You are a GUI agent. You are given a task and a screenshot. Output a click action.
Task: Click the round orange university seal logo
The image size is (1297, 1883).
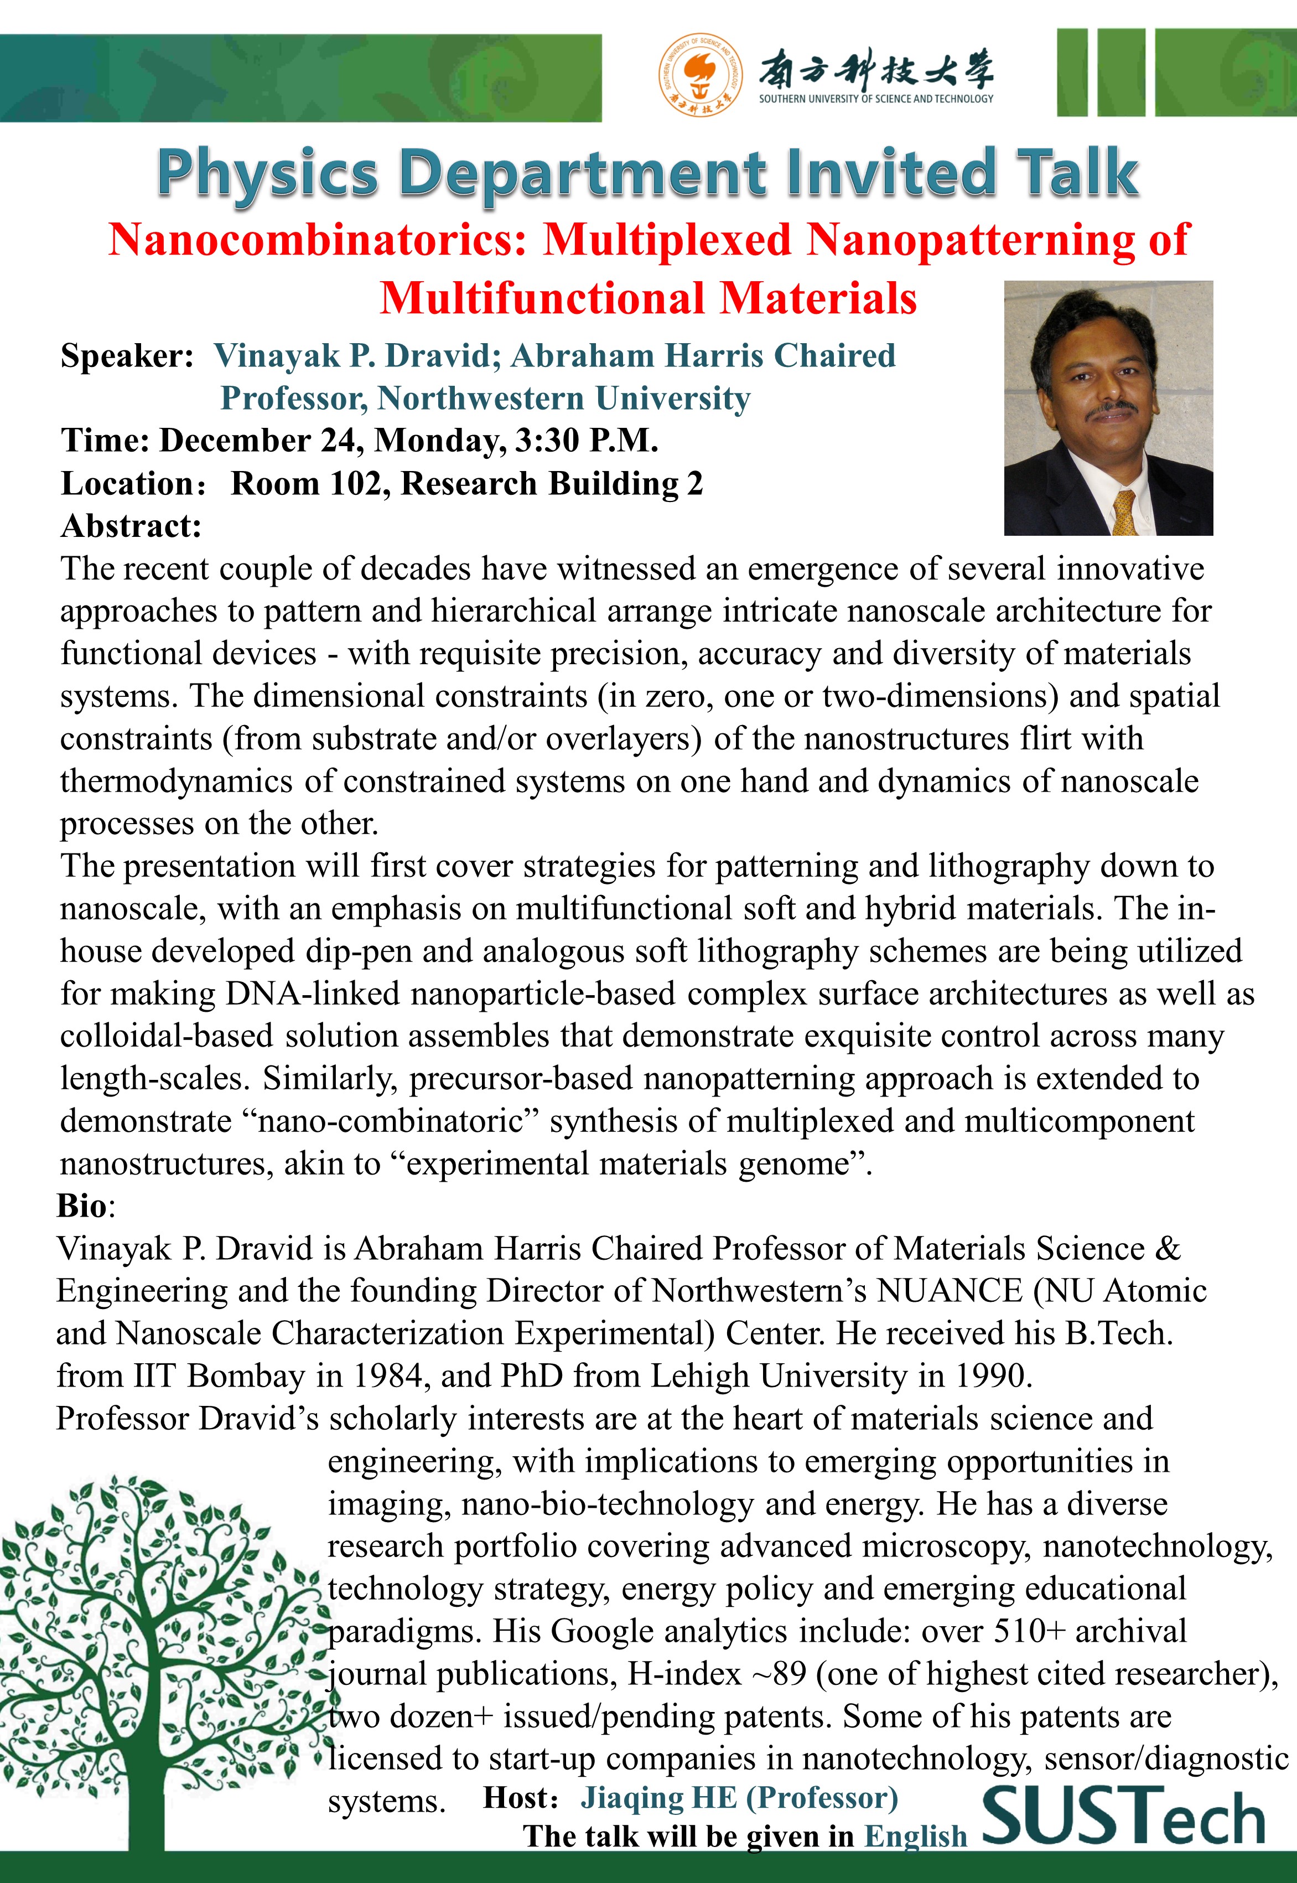(700, 75)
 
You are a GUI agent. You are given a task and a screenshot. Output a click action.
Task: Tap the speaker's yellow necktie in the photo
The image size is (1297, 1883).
(1125, 513)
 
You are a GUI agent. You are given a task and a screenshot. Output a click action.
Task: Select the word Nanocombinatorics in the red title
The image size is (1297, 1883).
(318, 241)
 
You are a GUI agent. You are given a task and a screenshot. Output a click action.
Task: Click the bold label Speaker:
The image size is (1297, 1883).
(127, 356)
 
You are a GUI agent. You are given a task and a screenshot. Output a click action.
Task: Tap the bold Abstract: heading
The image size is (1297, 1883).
(131, 526)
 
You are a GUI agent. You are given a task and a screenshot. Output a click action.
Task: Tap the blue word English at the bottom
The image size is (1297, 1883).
(915, 1837)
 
